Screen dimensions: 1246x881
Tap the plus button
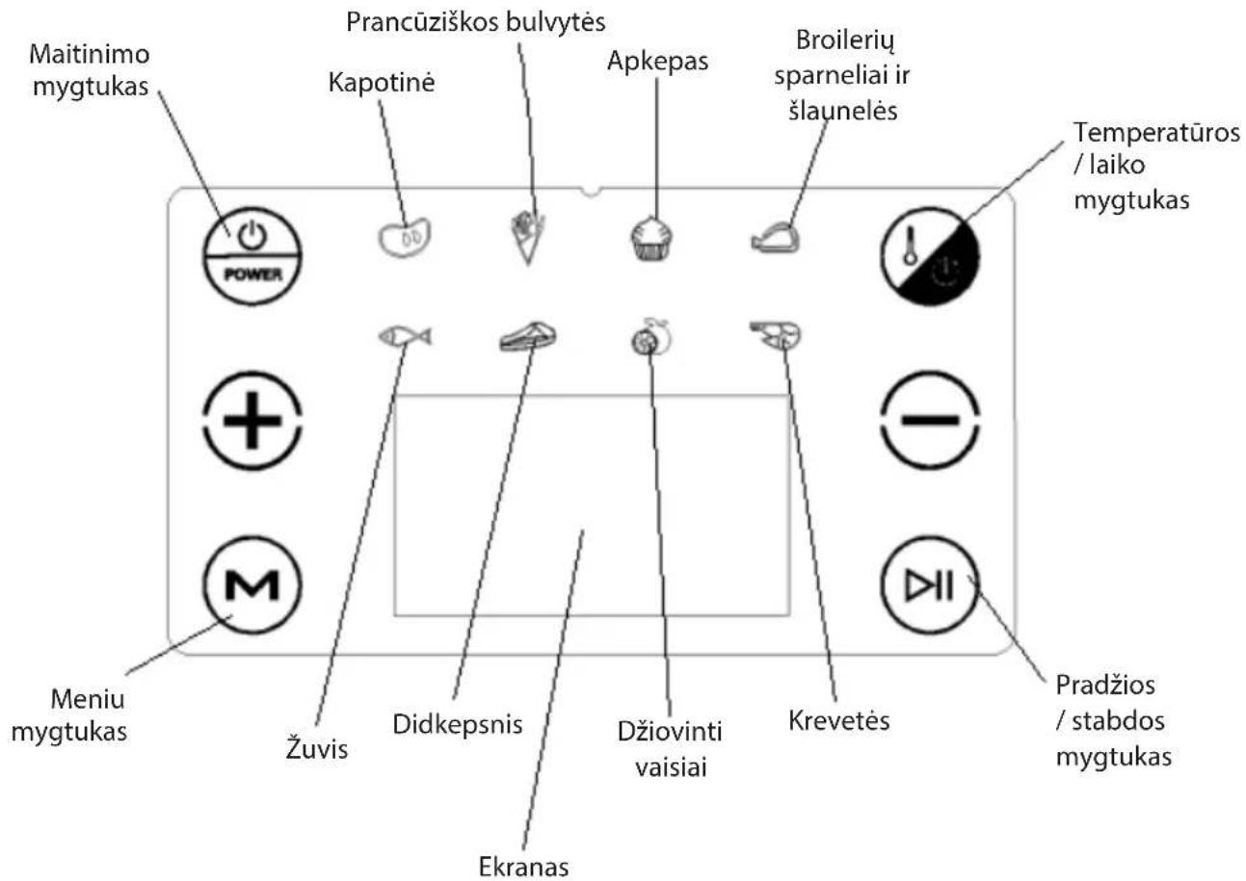(x=252, y=420)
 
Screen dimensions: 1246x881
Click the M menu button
(x=252, y=584)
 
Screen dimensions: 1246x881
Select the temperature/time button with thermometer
(x=930, y=256)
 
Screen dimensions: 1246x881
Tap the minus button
(x=930, y=420)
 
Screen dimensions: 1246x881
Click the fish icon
(x=405, y=337)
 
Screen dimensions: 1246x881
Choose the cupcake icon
(x=652, y=238)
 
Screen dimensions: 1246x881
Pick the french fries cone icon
(x=527, y=239)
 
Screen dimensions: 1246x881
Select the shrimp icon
(x=776, y=335)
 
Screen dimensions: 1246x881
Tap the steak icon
(x=527, y=336)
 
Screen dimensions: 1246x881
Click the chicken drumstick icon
(x=775, y=238)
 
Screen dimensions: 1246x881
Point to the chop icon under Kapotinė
(x=405, y=238)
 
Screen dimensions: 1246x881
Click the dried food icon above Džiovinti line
(x=650, y=337)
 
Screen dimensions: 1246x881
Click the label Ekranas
(x=523, y=867)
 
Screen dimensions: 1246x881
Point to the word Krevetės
(x=838, y=720)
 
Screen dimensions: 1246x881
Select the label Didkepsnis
(x=457, y=725)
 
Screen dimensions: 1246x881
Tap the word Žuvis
(x=316, y=747)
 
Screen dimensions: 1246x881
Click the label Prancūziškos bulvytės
(x=476, y=22)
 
